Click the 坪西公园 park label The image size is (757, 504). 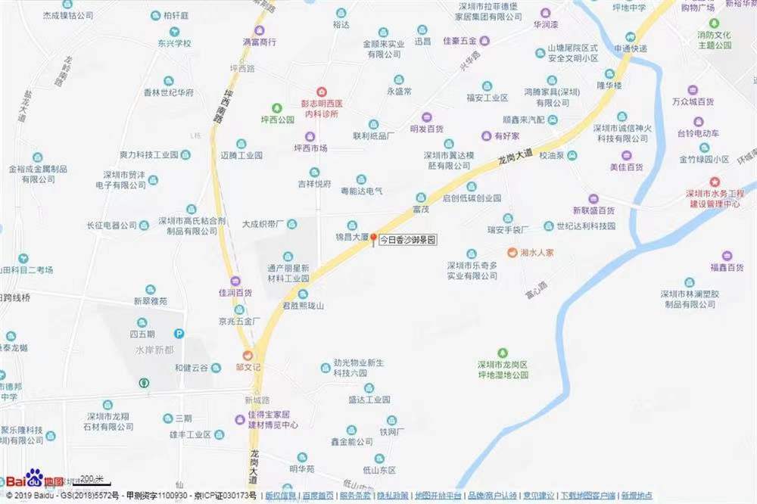click(x=277, y=120)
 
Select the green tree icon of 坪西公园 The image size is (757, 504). click(x=277, y=107)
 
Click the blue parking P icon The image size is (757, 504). click(x=179, y=333)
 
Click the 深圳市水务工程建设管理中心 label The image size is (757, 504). click(x=714, y=198)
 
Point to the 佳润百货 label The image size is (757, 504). click(x=235, y=292)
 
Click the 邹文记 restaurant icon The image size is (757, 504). click(x=247, y=355)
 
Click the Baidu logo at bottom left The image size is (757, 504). click(x=33, y=479)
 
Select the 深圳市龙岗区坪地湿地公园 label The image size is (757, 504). click(x=503, y=369)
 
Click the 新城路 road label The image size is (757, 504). click(x=257, y=400)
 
